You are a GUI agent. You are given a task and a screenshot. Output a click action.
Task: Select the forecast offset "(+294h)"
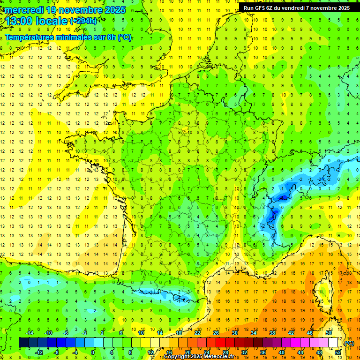point(83,21)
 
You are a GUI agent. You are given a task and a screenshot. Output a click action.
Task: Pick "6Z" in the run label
point(274,8)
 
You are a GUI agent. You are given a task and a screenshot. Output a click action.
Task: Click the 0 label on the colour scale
point(92,352)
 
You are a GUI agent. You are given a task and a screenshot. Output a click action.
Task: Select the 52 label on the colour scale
point(338,352)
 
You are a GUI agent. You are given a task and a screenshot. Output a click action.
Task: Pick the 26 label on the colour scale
point(216,333)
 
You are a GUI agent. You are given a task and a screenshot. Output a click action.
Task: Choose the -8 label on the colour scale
point(56,352)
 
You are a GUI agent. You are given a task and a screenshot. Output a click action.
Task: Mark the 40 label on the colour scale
point(282,352)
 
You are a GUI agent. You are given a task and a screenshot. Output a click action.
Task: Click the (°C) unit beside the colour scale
point(349,343)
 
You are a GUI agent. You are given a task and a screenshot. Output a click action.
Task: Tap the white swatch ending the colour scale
point(333,343)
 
